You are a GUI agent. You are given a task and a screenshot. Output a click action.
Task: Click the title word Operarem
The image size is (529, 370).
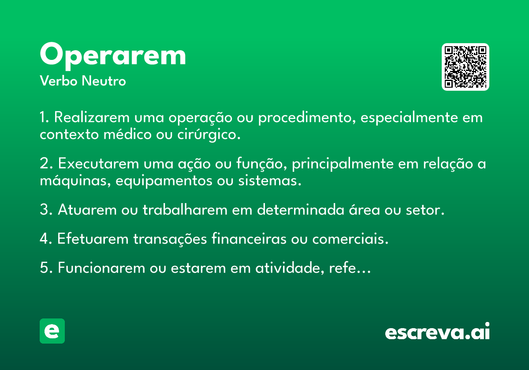pos(113,55)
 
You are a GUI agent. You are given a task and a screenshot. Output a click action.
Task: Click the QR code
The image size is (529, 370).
pos(466,67)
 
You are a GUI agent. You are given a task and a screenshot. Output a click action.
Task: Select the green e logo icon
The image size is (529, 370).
pos(52,331)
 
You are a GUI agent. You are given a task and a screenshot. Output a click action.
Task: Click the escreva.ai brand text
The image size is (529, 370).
pos(437,332)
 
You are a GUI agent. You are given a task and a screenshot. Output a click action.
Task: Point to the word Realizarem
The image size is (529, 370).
pos(92,118)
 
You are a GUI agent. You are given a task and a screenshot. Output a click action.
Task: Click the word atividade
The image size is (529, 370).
pos(283,268)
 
